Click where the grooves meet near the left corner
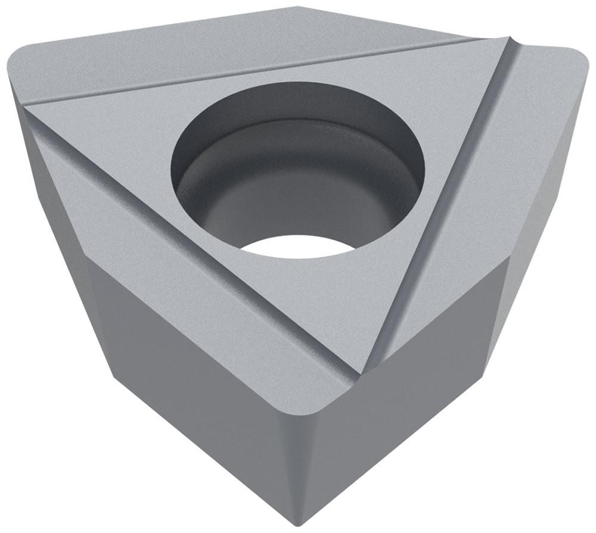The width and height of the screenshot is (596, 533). (30, 107)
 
